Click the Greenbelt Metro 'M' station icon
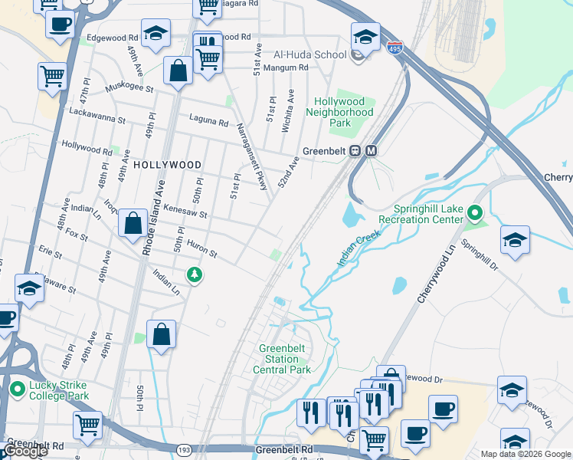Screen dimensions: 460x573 pos(372,151)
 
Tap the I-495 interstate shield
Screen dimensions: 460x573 pos(395,48)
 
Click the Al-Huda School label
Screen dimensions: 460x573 pos(309,55)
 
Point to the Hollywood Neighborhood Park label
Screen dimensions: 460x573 pos(339,112)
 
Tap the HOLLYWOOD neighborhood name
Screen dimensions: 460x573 pos(167,165)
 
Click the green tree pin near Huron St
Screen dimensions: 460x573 pos(195,274)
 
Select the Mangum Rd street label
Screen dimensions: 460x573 pos(285,67)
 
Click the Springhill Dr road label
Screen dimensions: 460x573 pos(480,257)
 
